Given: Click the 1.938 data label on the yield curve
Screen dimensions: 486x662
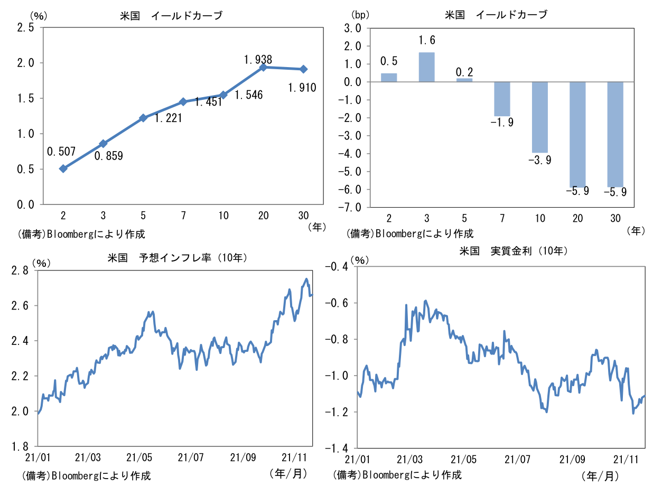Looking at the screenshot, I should [258, 60].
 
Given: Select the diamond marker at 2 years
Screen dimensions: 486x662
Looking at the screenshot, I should [63, 169].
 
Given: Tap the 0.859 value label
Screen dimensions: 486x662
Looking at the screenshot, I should [109, 156].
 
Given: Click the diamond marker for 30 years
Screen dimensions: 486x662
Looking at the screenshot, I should [304, 69].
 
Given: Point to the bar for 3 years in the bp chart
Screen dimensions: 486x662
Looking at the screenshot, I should [427, 67].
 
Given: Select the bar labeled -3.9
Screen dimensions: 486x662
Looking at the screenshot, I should [539, 117].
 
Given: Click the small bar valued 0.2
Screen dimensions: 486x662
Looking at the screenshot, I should [464, 80].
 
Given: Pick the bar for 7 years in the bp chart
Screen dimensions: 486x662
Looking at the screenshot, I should [502, 99].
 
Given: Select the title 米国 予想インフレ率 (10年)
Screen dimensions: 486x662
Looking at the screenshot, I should [178, 258].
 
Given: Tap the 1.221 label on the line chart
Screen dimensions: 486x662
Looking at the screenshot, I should [168, 118].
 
